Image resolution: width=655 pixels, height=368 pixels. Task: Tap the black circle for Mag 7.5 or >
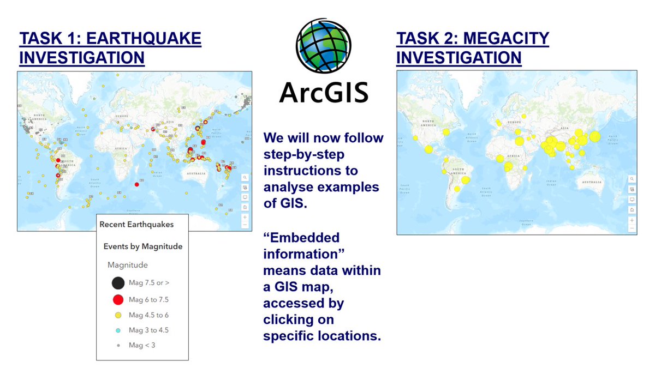pos(118,283)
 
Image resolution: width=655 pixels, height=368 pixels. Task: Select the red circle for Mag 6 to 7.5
pos(118,299)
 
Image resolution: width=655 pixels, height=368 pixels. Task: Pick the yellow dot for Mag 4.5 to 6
pos(118,315)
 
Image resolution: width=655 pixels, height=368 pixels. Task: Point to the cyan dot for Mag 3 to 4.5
pos(118,330)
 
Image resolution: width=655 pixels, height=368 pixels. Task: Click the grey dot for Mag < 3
pos(118,345)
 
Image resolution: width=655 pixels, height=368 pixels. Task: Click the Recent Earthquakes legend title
pos(136,224)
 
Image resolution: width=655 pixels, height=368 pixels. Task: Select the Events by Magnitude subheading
pos(143,246)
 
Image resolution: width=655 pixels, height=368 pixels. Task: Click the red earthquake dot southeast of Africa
pos(136,184)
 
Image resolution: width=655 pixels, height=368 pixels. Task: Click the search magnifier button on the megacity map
pos(632,179)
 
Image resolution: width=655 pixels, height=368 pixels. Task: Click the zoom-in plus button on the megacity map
pos(632,220)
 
